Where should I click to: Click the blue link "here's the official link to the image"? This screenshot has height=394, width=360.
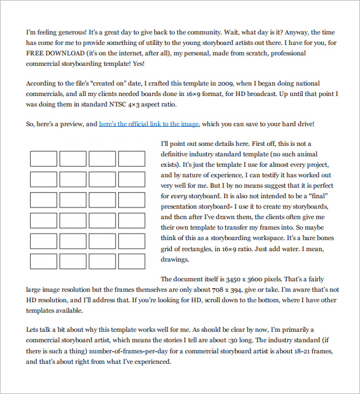(x=149, y=124)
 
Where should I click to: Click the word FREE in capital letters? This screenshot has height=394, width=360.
(x=36, y=53)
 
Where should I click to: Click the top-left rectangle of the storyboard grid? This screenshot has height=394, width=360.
(x=43, y=159)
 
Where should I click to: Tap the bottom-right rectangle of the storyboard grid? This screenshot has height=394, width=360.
(x=132, y=261)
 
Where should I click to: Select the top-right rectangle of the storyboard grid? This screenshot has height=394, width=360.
(x=132, y=159)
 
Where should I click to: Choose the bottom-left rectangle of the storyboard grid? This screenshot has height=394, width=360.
(x=43, y=261)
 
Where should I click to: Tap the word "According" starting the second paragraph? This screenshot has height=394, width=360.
(x=42, y=83)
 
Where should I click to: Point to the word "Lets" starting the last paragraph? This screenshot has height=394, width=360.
(x=33, y=331)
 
